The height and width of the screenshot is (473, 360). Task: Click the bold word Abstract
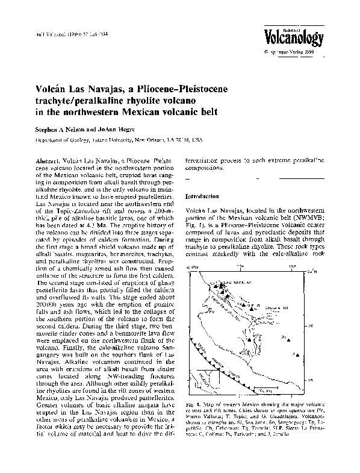coord(48,162)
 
